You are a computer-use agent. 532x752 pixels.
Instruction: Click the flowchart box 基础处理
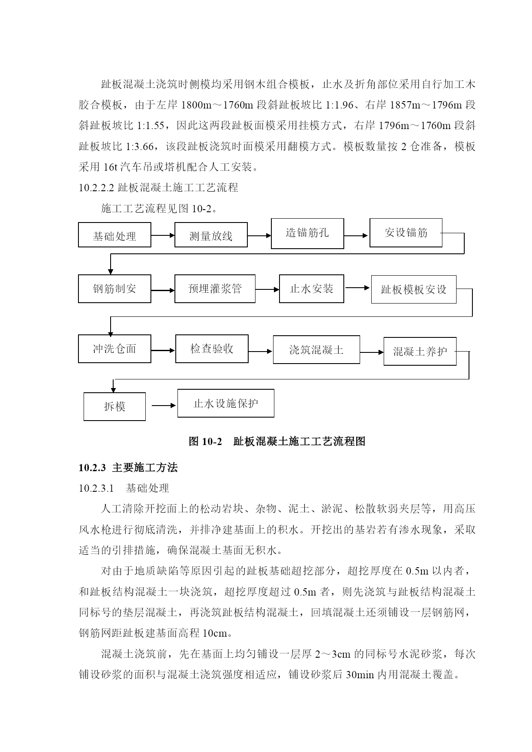click(x=114, y=235)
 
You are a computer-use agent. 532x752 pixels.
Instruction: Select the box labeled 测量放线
click(x=211, y=235)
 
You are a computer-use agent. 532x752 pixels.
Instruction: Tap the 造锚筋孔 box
click(x=307, y=234)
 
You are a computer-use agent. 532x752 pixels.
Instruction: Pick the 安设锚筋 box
click(x=406, y=233)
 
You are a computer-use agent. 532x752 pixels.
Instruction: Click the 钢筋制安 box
click(x=114, y=289)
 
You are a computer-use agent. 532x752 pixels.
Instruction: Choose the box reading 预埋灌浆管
click(x=215, y=289)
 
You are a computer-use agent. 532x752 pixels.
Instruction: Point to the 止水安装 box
click(x=312, y=289)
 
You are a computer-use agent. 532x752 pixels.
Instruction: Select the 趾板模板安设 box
click(x=414, y=290)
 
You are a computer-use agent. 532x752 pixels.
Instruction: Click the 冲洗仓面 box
click(x=114, y=349)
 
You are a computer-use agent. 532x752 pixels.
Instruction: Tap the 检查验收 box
click(x=212, y=349)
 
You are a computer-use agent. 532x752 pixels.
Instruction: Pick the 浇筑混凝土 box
click(x=316, y=350)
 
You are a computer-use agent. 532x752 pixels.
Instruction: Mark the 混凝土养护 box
click(x=420, y=352)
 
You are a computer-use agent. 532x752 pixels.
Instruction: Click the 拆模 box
click(x=114, y=406)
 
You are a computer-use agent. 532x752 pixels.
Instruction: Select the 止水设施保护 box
click(x=226, y=403)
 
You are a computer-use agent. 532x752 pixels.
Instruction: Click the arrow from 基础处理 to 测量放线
click(x=163, y=235)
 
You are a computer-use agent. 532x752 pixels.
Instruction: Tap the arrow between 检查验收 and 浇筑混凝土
click(x=260, y=352)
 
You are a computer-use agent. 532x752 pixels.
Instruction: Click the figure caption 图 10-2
click(x=206, y=441)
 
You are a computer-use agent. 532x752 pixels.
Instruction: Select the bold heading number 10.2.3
click(x=92, y=468)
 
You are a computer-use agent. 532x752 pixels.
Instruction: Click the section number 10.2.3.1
click(x=96, y=488)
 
